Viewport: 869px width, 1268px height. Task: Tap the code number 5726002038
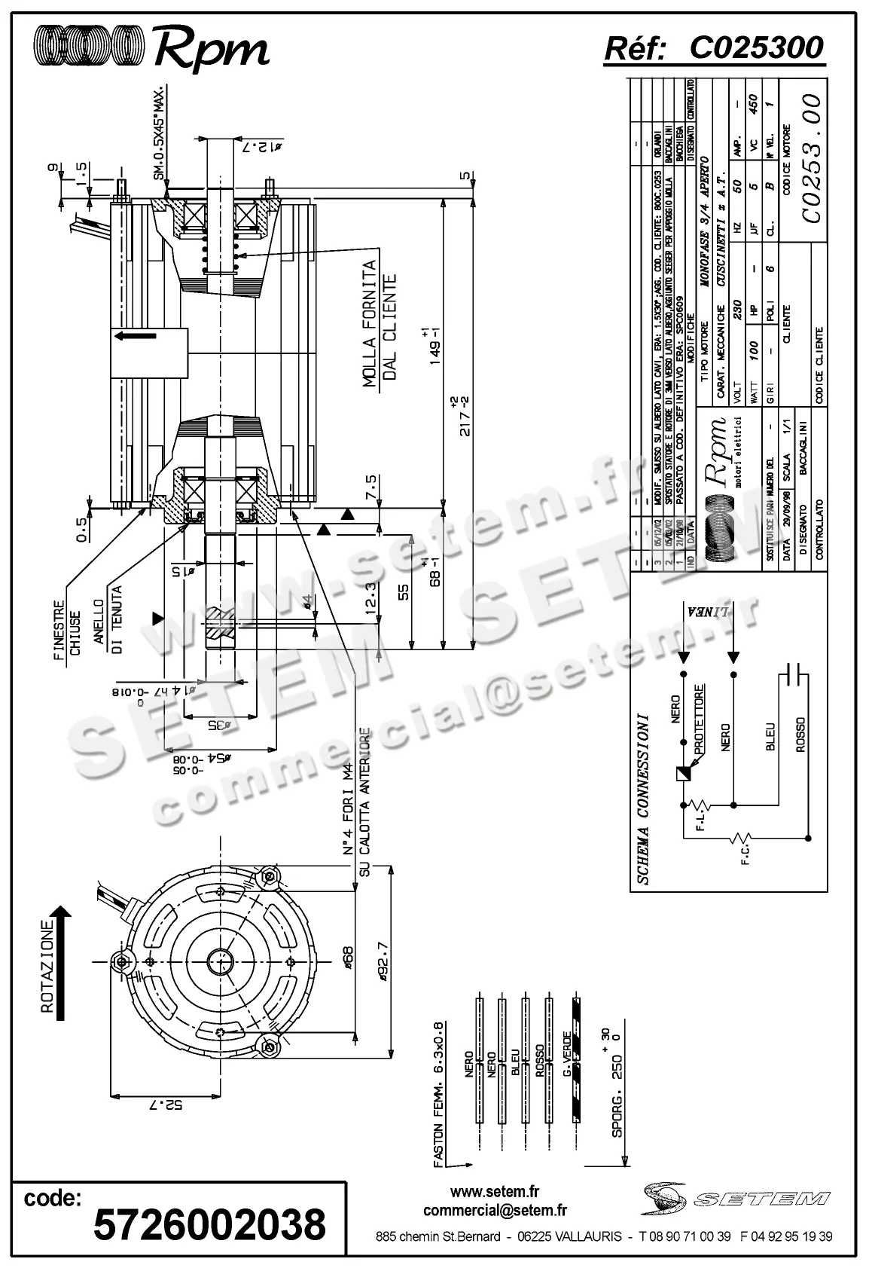pos(209,1224)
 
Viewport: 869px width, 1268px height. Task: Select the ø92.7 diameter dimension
pos(383,962)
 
